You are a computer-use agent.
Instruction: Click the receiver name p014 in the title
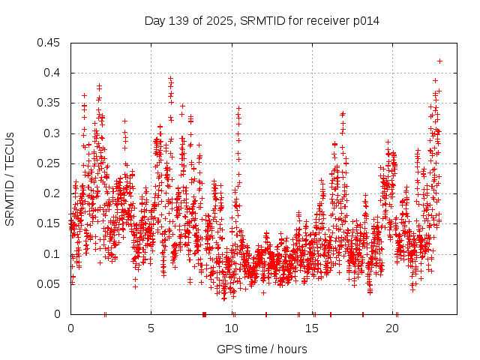click(x=364, y=21)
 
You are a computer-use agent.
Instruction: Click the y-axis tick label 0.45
click(x=50, y=43)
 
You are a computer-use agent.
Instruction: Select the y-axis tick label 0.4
click(x=53, y=73)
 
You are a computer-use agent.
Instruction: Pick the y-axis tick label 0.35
click(x=50, y=103)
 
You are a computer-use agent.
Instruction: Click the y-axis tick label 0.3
click(x=53, y=133)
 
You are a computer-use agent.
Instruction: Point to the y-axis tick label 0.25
click(x=50, y=163)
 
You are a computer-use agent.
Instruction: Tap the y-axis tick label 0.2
click(x=53, y=193)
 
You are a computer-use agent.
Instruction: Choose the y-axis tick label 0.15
click(x=50, y=223)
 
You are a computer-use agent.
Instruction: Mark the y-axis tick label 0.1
click(x=53, y=253)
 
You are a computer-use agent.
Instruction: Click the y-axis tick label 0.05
click(x=50, y=284)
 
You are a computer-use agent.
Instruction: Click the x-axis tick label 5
click(x=151, y=328)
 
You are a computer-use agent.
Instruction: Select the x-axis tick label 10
click(x=232, y=328)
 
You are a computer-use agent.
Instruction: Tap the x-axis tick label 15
click(x=312, y=328)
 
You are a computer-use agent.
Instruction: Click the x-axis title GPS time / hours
click(x=262, y=349)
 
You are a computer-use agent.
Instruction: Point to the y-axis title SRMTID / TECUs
click(x=10, y=178)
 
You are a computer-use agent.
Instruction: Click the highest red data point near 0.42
click(x=439, y=61)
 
